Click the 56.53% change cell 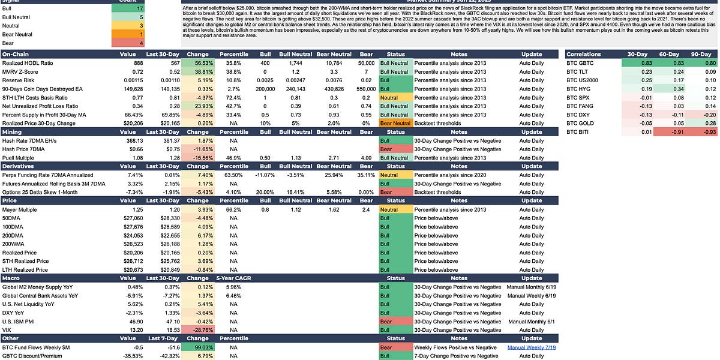coord(197,62)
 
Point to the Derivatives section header coord(20,166)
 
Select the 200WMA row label coord(13,244)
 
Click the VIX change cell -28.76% coord(197,330)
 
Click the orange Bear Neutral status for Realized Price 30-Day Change coord(395,123)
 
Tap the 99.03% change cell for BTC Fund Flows coord(197,347)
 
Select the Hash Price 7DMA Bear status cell coord(395,149)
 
